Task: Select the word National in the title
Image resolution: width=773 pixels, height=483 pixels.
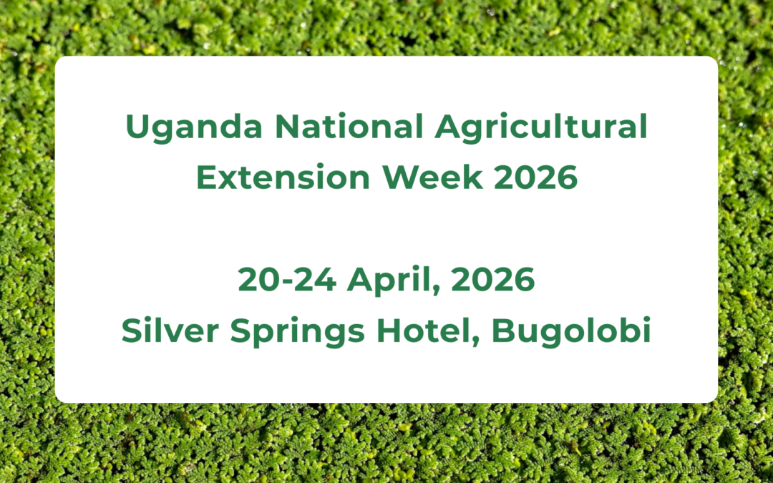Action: pyautogui.click(x=349, y=126)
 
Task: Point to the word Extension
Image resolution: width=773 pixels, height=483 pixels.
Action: pyautogui.click(x=283, y=177)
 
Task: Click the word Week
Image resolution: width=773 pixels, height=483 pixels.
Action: pyautogui.click(x=432, y=177)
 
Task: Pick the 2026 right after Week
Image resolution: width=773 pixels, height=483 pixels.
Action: pyautogui.click(x=535, y=177)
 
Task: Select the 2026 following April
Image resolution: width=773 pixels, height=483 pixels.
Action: pyautogui.click(x=492, y=279)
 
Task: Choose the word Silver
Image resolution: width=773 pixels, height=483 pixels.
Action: pyautogui.click(x=170, y=330)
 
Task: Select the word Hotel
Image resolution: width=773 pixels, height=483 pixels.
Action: pyautogui.click(x=424, y=330)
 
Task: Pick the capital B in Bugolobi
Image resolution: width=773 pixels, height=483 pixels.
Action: pyautogui.click(x=503, y=330)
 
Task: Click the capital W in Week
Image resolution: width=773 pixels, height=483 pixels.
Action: pyautogui.click(x=402, y=177)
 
